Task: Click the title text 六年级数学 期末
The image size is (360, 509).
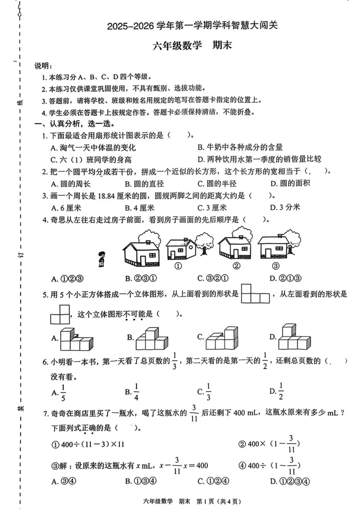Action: tap(192, 45)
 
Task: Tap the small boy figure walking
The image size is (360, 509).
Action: tap(102, 259)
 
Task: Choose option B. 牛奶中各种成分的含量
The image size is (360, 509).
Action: tap(240, 147)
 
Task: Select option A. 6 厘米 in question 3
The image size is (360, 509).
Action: tap(66, 208)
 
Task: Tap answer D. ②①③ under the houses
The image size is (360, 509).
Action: tap(285, 278)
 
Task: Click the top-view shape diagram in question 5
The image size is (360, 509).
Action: tap(255, 294)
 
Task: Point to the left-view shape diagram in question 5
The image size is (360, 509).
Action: tap(60, 315)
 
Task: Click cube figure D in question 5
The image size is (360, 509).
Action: tap(294, 337)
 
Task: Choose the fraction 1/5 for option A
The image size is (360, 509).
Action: tap(63, 393)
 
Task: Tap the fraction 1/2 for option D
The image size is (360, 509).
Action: tap(281, 391)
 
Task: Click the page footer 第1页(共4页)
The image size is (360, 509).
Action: tap(219, 501)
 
